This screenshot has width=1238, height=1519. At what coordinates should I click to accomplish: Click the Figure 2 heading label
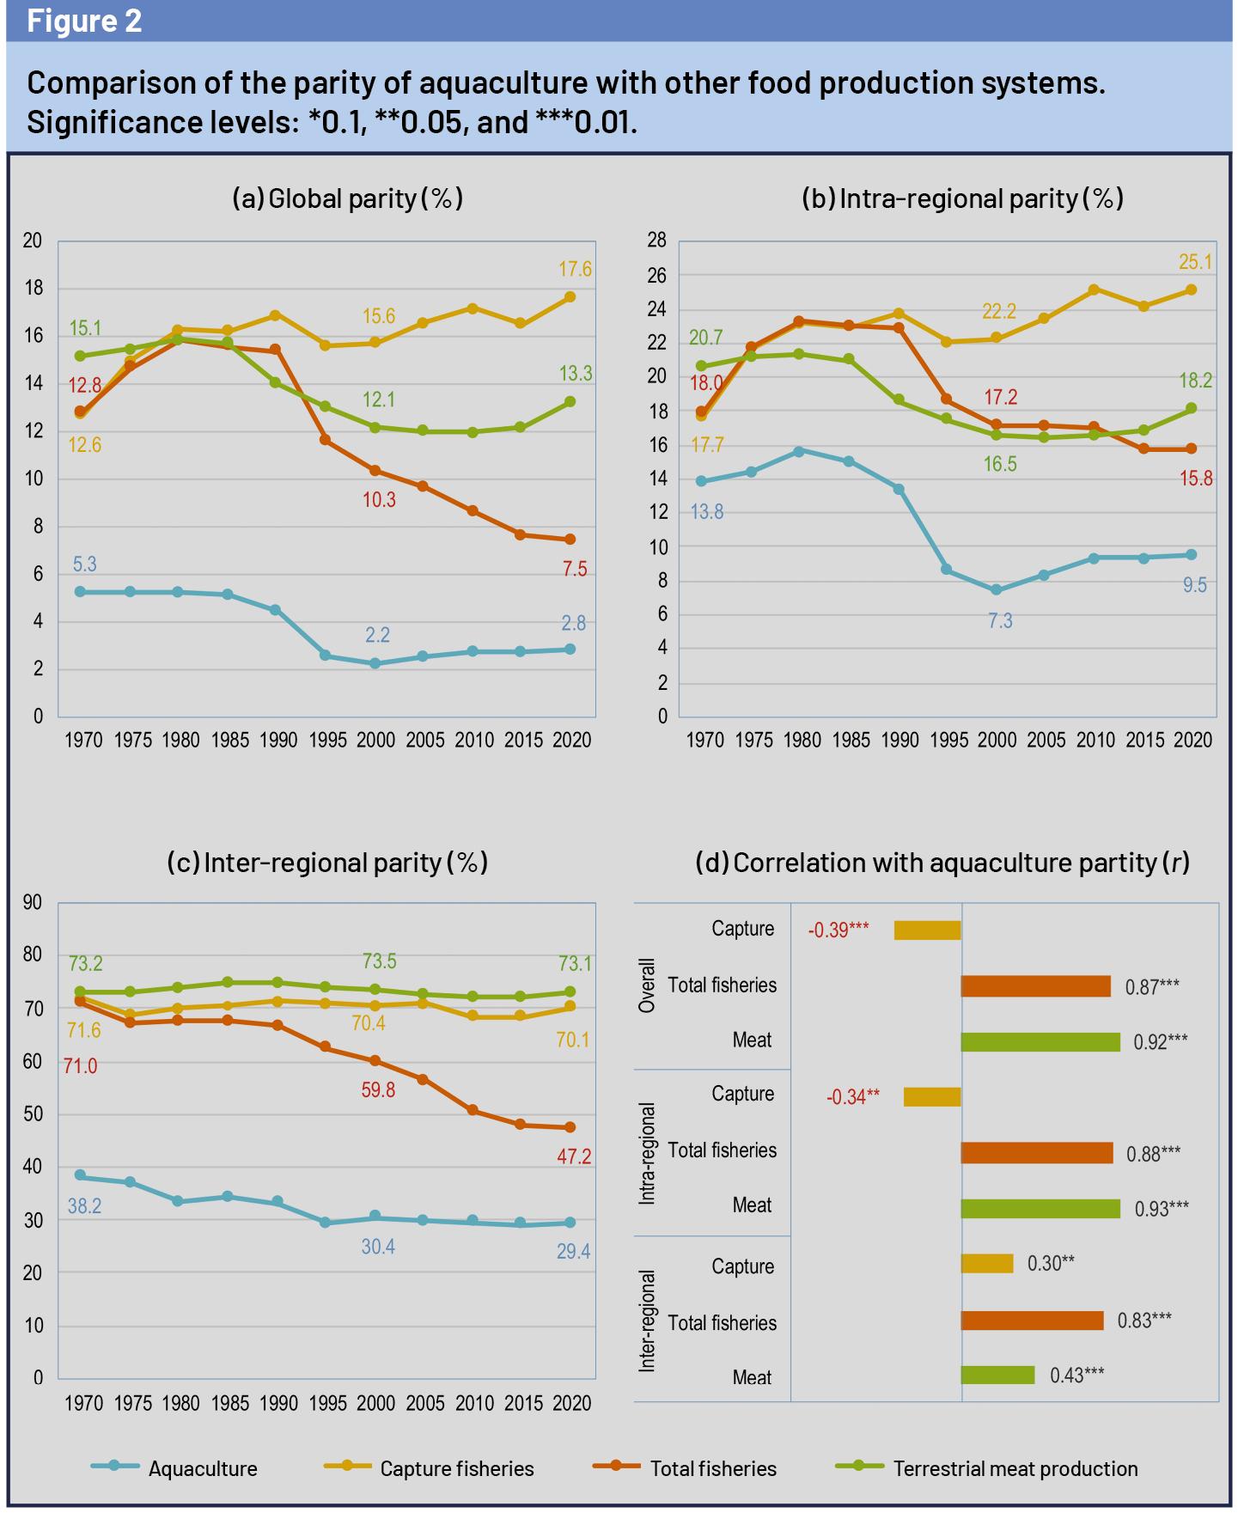coord(84,21)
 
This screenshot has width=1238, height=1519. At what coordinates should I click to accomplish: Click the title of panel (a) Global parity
coord(347,198)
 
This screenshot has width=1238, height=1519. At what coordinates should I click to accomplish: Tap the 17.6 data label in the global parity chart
coord(575,269)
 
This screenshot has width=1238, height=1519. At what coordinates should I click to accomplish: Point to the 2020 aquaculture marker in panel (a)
coord(569,650)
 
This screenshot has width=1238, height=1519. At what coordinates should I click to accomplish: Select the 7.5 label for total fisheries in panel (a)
coord(575,569)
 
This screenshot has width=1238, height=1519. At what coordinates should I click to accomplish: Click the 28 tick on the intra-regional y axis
coord(656,241)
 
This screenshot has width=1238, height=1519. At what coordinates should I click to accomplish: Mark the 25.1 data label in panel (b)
coord(1195,261)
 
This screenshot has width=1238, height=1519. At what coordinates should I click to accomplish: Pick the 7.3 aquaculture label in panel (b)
coord(1000,620)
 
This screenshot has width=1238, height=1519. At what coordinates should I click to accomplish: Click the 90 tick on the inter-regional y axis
coord(33,902)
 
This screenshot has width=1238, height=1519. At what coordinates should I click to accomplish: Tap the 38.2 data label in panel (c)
coord(84,1205)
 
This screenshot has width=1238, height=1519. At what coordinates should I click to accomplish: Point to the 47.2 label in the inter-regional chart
coord(574,1156)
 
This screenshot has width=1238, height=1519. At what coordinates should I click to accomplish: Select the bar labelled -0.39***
coord(927,930)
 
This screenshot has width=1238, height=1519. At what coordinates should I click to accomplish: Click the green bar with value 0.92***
coord(1040,1042)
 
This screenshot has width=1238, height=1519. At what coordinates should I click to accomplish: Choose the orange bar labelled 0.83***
coord(1031,1321)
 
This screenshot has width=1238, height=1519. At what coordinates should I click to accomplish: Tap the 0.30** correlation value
coord(1051,1263)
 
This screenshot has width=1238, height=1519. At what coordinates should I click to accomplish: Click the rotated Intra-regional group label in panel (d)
coord(648,1153)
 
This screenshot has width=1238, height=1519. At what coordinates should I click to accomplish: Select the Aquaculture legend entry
coord(203,1468)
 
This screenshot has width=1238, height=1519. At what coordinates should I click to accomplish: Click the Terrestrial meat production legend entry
coord(1015,1468)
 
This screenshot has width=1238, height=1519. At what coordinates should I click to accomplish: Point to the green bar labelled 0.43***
coord(997,1376)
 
